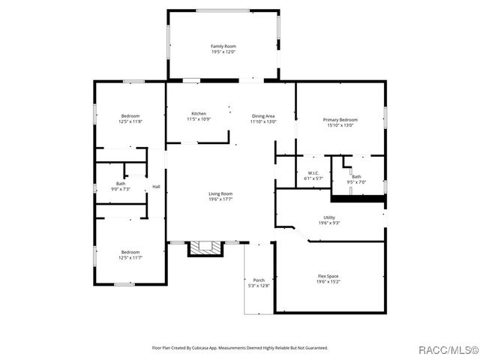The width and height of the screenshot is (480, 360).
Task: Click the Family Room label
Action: point(223,46)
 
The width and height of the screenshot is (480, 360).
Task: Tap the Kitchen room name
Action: point(199,114)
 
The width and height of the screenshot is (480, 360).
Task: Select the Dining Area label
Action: point(263,115)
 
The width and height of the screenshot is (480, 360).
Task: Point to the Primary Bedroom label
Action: point(340,120)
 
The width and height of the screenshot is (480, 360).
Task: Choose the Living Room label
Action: point(220,194)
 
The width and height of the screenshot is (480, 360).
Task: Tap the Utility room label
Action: point(328,217)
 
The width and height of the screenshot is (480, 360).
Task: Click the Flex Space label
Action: point(328,277)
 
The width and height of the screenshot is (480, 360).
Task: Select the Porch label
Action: point(259,280)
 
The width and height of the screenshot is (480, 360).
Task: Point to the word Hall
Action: point(156,187)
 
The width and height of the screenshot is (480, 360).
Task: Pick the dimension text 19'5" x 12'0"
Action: point(223,52)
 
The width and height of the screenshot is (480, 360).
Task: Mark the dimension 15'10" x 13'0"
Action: point(340,125)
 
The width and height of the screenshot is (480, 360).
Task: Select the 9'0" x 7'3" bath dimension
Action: point(121,189)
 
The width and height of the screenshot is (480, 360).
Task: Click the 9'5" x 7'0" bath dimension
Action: point(355,182)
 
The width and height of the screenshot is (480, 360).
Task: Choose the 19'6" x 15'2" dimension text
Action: point(328,282)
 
